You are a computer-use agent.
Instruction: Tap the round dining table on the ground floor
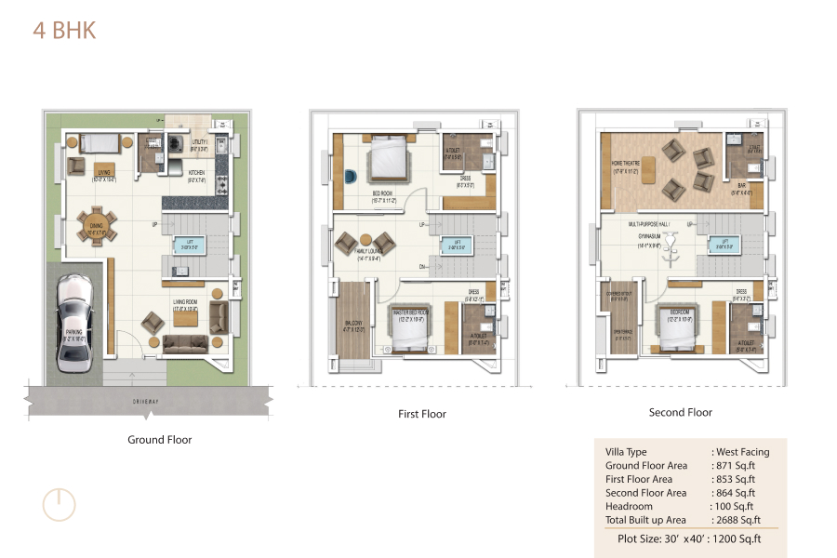[98, 225]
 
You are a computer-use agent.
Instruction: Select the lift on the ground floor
[190, 246]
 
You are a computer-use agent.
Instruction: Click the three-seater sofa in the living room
[185, 345]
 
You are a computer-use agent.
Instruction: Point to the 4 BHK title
[64, 30]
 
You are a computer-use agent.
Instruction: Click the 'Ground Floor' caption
[159, 440]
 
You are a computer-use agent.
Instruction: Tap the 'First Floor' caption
[421, 414]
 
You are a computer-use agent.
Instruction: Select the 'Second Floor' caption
[680, 412]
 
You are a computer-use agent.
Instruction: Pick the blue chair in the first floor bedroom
[348, 176]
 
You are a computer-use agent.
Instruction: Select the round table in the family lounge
[365, 239]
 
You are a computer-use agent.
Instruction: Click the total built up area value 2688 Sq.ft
[737, 520]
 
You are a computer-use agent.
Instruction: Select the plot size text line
[689, 538]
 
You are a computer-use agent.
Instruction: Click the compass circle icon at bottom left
[59, 503]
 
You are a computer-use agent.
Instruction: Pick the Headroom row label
[629, 506]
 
